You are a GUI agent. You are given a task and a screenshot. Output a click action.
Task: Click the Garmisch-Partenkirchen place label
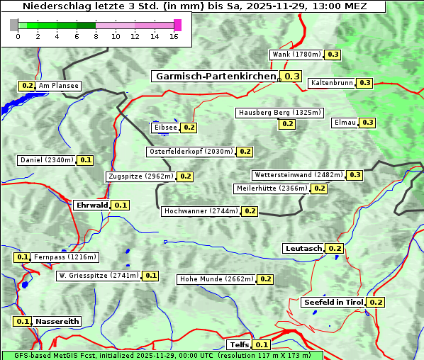pos(214,77)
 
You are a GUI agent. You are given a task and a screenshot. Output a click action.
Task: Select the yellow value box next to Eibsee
pos(189,128)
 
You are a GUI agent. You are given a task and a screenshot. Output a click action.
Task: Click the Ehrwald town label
pos(91,206)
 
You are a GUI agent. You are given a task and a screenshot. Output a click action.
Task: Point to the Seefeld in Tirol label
pos(333,303)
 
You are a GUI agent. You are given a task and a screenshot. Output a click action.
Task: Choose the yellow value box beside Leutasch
pos(335,249)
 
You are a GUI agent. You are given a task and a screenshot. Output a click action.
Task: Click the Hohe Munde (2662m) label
pos(216,279)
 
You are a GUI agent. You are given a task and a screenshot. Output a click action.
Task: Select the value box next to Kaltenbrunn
pos(364,83)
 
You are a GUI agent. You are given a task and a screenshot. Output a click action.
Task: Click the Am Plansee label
pos(58,86)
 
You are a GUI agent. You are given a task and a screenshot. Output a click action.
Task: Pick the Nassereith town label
pos(57,321)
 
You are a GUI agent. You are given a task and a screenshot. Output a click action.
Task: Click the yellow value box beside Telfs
pos(261,345)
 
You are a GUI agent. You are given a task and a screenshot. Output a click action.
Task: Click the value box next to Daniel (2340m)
pos(85,160)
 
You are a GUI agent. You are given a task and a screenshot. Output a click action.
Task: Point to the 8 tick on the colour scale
pos(96,36)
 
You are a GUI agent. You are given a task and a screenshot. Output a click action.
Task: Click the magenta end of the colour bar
pos(177,25)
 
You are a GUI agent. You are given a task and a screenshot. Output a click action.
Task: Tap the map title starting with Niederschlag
pos(193,6)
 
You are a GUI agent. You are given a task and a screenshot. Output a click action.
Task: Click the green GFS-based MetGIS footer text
pos(162,355)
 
